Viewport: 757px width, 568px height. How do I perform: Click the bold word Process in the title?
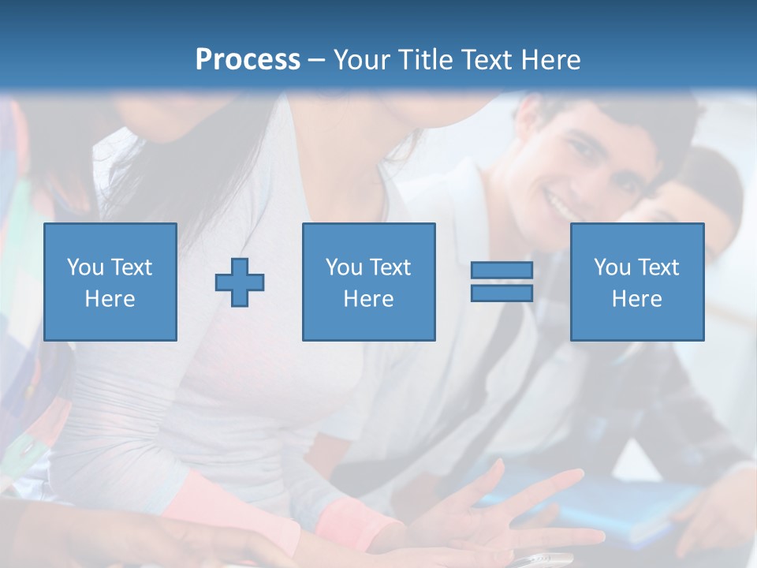[x=248, y=60]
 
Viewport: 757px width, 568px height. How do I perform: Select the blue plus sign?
[x=240, y=282]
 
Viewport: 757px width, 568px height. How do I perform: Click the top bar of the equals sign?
[x=502, y=270]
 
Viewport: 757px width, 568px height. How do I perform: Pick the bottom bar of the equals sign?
[x=502, y=293]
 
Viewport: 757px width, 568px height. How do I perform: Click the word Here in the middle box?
[x=368, y=299]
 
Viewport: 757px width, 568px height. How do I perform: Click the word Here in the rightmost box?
[x=637, y=299]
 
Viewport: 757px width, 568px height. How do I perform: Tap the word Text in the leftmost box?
[x=131, y=267]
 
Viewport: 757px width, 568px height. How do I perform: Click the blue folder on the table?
[x=623, y=505]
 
